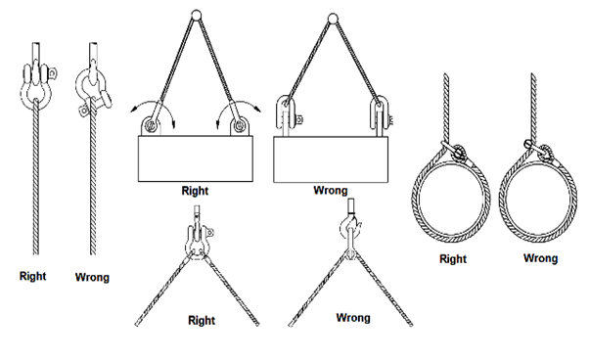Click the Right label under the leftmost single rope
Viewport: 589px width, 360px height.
click(32, 277)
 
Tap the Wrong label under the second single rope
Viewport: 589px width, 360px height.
click(92, 278)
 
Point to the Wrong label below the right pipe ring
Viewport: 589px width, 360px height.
click(540, 258)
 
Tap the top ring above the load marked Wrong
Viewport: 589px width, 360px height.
click(335, 15)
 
